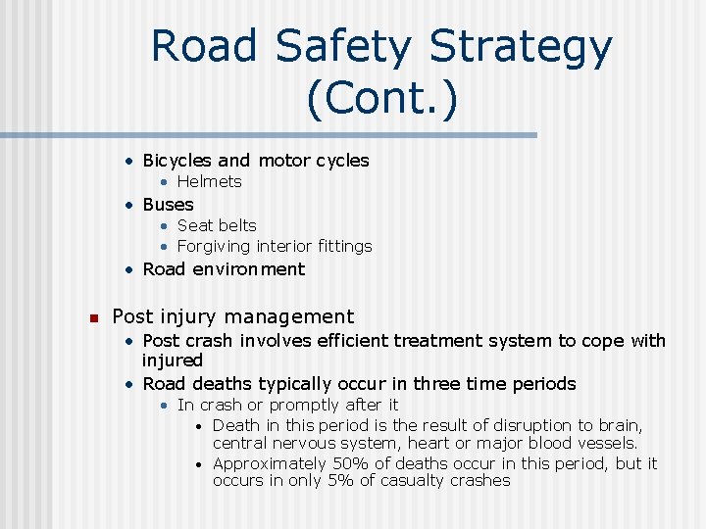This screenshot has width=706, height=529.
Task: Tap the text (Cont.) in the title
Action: [381, 99]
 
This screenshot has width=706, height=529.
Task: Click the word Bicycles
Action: [177, 160]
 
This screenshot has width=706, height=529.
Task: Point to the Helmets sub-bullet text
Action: [209, 181]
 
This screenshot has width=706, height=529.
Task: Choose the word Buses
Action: [168, 205]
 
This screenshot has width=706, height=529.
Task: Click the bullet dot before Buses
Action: [129, 205]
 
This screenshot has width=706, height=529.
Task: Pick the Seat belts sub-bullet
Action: [217, 225]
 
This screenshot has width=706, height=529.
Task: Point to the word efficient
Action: [349, 341]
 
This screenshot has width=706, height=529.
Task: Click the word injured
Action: [173, 361]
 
